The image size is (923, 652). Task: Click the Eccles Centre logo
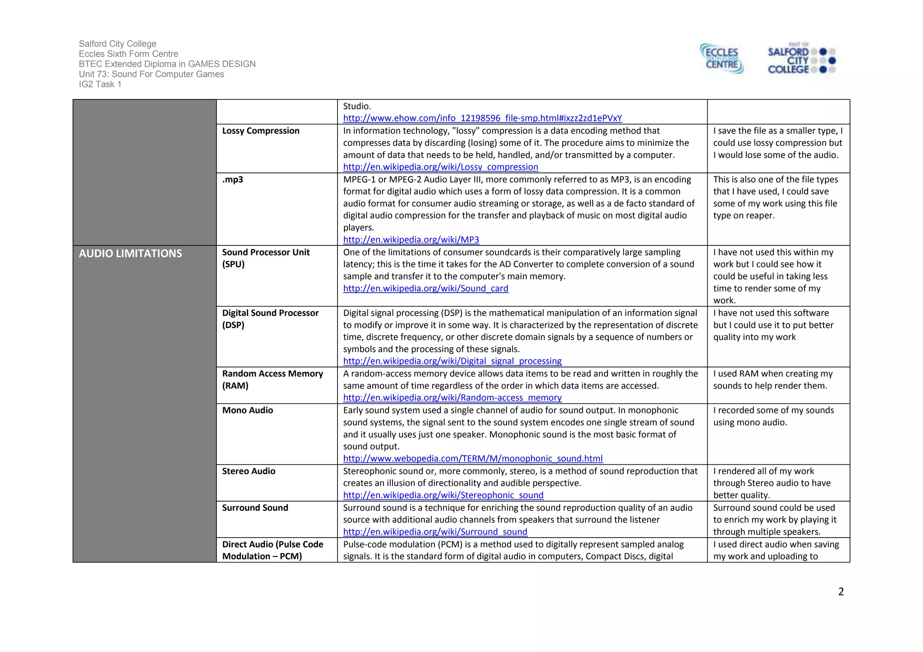[722, 59]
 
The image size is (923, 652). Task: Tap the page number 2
[841, 592]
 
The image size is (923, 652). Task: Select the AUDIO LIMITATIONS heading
[130, 254]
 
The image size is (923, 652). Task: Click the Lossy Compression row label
[260, 131]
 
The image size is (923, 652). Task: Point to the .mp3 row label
[233, 180]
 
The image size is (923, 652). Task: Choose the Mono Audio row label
[247, 410]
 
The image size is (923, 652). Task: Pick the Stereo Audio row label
[248, 471]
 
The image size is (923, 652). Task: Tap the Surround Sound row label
[255, 507]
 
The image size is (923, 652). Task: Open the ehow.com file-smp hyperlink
[482, 118]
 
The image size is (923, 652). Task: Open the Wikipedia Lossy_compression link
[440, 167]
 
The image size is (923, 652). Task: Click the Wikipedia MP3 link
[411, 240]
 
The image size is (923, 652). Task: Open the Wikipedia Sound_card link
[425, 289]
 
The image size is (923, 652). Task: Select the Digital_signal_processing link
[452, 361]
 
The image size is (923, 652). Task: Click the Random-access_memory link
[452, 398]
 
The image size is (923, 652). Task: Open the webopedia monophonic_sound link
[473, 458]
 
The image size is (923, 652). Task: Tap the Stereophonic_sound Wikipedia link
[443, 495]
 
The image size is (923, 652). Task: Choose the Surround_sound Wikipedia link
[435, 532]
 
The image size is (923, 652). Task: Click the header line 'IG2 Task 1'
[100, 84]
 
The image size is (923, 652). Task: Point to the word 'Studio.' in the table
[357, 106]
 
